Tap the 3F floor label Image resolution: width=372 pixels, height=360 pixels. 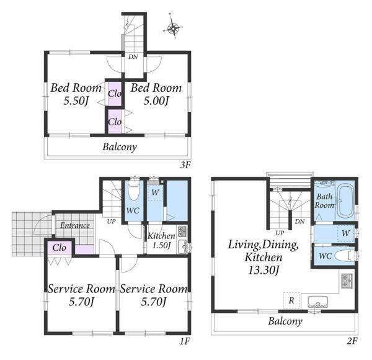coord(185,165)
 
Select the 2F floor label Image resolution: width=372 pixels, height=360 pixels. coord(352,341)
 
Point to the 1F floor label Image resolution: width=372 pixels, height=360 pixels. coord(185,341)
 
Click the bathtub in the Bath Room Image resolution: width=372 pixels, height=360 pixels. coord(346,200)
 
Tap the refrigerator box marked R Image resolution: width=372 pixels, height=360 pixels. coord(291,300)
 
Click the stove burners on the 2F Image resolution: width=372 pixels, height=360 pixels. coord(347,281)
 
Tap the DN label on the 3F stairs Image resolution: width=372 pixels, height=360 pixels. coord(133,57)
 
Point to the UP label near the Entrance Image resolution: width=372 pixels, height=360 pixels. coord(111,222)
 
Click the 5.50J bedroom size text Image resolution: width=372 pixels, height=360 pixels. coord(76,101)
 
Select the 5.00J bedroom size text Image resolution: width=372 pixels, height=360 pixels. coord(156,101)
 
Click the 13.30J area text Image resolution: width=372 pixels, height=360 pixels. coord(263,270)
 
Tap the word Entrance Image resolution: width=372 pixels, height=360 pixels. coord(75,225)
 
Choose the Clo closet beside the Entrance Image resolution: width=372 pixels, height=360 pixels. coord(60,248)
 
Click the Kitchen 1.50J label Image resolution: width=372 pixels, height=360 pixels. coord(161,240)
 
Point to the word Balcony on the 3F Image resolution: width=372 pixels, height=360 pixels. coord(120,147)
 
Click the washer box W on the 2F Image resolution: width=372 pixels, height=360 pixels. coord(346,233)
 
